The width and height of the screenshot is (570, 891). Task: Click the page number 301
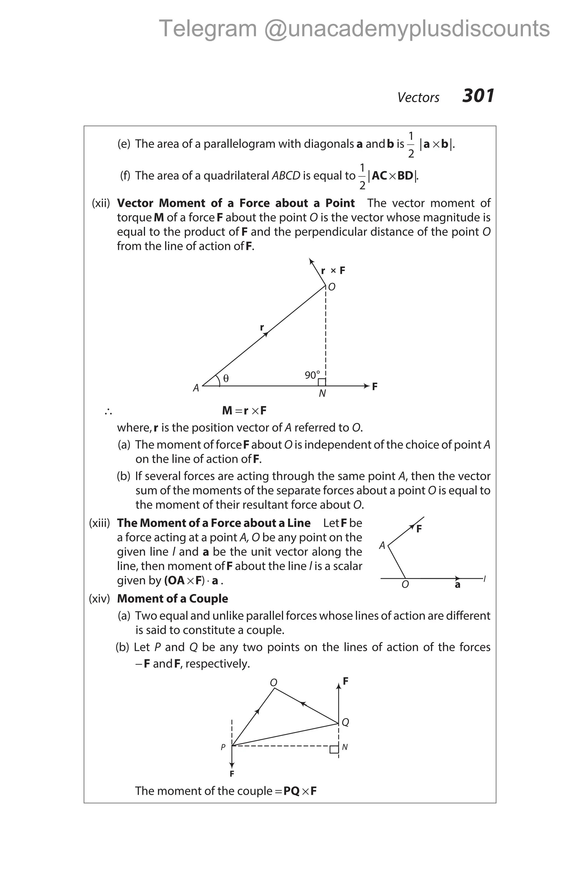coord(478,96)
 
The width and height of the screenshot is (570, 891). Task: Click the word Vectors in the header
coord(418,97)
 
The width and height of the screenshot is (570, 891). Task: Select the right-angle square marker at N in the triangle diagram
coord(322,382)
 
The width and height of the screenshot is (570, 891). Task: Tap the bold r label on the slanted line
coord(262,327)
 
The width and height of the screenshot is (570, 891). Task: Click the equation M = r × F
coord(244,410)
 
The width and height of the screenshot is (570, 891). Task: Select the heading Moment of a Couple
coord(172,598)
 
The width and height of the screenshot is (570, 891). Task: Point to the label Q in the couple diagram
coord(345,722)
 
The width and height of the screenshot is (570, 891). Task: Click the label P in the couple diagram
coord(223,747)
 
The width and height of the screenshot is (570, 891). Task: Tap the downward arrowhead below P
coord(232,765)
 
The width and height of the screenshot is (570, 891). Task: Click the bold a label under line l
coord(457,585)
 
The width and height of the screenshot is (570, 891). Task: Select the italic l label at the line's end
coord(485,578)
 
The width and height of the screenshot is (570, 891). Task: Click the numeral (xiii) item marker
coord(99,523)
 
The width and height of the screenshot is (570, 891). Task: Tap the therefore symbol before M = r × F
coord(108,411)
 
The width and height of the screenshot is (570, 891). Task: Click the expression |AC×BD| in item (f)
coord(393,176)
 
